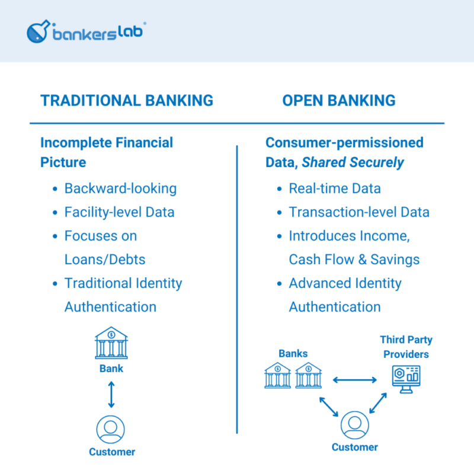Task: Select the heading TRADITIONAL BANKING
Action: (127, 100)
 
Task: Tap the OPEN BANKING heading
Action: (338, 100)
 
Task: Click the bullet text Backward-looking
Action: (120, 188)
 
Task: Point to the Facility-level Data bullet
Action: (119, 212)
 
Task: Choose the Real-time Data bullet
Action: (334, 188)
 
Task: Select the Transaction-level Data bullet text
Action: (359, 212)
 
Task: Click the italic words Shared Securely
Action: (353, 162)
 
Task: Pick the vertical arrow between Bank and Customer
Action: (111, 395)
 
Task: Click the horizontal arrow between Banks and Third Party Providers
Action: (354, 379)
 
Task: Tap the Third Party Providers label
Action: (406, 347)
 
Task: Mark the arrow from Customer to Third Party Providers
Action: (378, 403)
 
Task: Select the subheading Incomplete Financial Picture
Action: (107, 152)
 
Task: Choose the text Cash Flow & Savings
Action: (354, 260)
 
